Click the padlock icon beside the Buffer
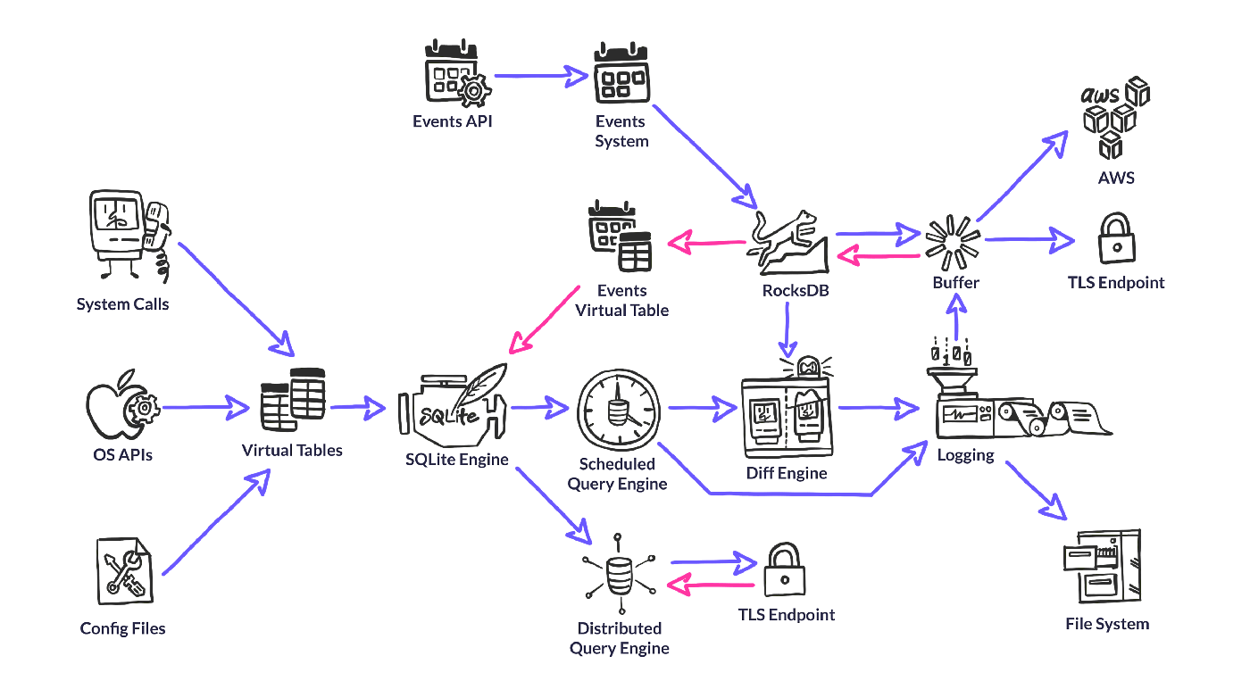pos(1116,238)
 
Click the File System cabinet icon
pos(1104,568)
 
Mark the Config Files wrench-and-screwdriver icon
pos(124,572)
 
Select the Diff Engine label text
pos(786,472)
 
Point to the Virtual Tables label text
pos(292,450)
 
